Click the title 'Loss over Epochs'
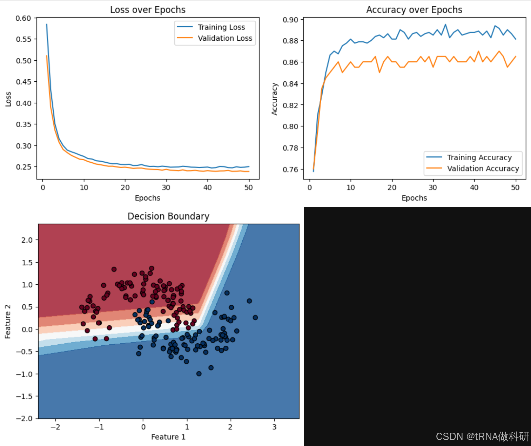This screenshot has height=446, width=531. tap(148, 10)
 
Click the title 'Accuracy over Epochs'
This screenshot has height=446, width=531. tap(414, 10)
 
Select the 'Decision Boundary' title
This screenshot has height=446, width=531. tap(168, 216)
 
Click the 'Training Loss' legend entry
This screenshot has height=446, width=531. tap(221, 27)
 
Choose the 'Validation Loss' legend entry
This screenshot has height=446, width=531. tap(225, 38)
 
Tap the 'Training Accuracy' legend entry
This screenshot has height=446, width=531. tap(479, 157)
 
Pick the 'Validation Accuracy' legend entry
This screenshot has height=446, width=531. tap(483, 169)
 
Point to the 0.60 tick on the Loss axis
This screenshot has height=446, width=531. tap(23, 18)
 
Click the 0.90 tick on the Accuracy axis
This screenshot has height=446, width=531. tap(290, 20)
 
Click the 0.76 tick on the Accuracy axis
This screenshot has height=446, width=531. tap(290, 170)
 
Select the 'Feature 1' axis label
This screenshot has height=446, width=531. tap(168, 437)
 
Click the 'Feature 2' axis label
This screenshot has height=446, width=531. tap(8, 322)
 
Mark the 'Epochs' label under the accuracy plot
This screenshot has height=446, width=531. tap(414, 198)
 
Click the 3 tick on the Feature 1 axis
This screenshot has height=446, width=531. tap(274, 427)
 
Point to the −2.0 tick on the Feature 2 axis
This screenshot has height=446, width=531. tap(24, 419)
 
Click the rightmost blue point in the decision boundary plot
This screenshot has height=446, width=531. tap(255, 318)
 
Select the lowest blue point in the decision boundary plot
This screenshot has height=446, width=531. tap(199, 374)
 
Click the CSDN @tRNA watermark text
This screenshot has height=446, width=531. tap(482, 437)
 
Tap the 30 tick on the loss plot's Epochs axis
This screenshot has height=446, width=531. tap(166, 188)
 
